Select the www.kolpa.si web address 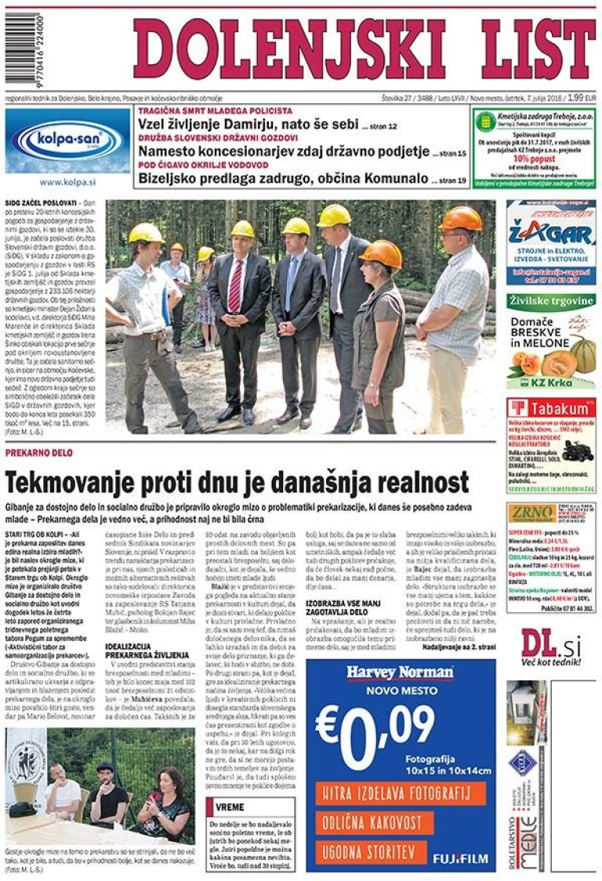point(67,182)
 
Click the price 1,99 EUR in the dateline point(581,98)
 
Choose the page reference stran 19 point(453,180)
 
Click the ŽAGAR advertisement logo point(539,234)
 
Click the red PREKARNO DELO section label point(39,454)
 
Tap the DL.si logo point(550,646)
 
